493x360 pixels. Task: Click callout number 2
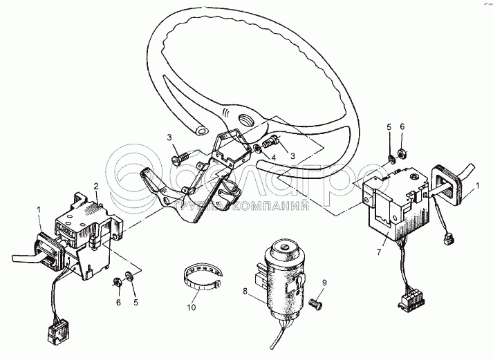point(97,186)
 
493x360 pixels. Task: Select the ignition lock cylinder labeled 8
point(283,276)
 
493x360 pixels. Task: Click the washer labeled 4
point(258,146)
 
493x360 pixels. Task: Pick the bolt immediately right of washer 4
point(271,143)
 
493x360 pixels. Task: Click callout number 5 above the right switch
point(389,127)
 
